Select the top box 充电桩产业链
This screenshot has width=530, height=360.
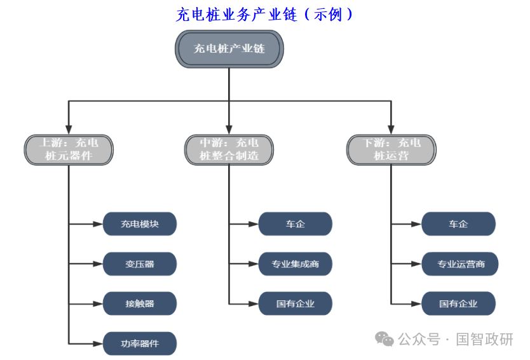(x=229, y=48)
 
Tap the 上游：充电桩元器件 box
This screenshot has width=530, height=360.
(x=69, y=149)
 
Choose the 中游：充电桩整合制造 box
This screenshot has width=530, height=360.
(x=229, y=149)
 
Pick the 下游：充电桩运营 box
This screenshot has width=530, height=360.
(x=391, y=149)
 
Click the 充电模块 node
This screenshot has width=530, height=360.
(x=140, y=223)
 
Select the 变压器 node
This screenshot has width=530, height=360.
(x=140, y=263)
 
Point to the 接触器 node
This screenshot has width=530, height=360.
(x=140, y=303)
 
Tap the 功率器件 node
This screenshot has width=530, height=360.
(x=140, y=343)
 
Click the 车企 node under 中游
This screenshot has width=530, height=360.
(x=296, y=223)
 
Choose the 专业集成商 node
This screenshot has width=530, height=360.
(x=296, y=263)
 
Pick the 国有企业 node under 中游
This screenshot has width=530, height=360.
(x=296, y=303)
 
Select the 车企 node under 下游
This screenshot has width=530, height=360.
(x=458, y=223)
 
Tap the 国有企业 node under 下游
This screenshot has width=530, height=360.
(x=458, y=303)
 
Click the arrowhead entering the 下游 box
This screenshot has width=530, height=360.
(x=391, y=129)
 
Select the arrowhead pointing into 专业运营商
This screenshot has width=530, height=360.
(x=418, y=263)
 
